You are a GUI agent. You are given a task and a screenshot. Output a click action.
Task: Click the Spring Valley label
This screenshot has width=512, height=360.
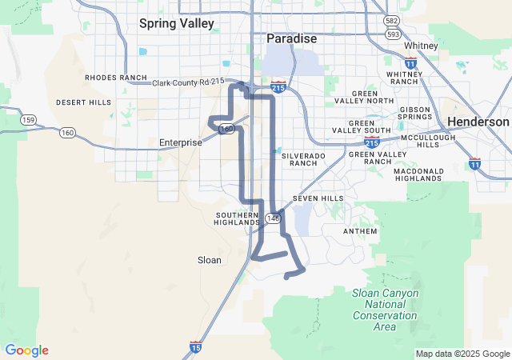point(177,23)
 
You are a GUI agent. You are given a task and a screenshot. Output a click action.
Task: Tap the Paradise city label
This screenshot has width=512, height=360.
point(291,38)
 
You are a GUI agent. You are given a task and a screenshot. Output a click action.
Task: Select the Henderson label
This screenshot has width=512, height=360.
point(478,122)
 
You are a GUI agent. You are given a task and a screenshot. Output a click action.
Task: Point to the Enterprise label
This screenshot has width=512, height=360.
point(181,142)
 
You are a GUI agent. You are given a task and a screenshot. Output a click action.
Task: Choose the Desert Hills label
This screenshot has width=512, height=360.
point(84,102)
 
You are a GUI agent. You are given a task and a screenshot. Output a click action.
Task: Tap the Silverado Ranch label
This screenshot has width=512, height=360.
point(298,158)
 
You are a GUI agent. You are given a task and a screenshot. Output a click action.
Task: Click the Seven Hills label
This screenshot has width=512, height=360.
point(318,198)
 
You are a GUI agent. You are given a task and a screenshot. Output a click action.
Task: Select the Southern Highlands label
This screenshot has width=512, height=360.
point(237,218)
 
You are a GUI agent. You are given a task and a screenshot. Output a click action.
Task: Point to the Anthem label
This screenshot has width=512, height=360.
point(359,231)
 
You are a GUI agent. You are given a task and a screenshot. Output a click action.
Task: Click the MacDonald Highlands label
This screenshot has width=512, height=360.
point(417,174)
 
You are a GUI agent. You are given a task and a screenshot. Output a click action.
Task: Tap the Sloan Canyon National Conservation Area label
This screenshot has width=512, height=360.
point(385,310)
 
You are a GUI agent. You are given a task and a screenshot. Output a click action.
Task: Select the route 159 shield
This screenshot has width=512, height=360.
point(30,120)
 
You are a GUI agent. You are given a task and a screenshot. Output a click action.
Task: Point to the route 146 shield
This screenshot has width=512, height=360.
point(274,218)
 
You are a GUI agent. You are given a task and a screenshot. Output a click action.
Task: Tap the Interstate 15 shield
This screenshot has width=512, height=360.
point(196,346)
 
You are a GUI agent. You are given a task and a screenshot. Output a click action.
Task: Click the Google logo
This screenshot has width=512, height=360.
point(26,350)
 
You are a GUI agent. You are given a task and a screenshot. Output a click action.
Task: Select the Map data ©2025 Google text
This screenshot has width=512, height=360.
point(462,354)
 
